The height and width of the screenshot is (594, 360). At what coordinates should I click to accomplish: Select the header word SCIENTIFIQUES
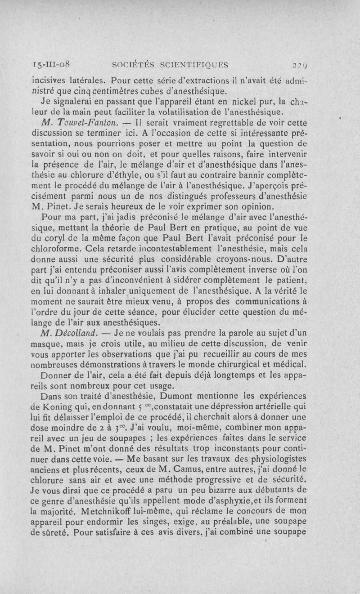pyautogui.click(x=195, y=64)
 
